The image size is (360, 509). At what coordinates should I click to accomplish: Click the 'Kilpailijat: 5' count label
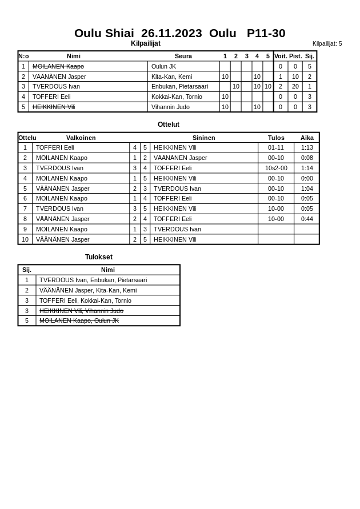coord(327,43)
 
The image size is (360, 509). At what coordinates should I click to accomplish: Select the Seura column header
coord(183,56)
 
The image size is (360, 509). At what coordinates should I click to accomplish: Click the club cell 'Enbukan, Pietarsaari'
coord(179,86)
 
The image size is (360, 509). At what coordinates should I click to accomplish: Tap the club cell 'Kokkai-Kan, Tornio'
coord(177,97)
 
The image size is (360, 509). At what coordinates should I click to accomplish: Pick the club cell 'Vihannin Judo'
coord(171,107)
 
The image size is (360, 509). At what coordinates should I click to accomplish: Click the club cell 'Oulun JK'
coord(163,66)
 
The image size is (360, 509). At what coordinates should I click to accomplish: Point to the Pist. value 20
coord(295,86)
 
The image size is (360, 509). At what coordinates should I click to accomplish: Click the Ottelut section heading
coord(169,125)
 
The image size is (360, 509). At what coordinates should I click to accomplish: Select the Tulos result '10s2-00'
coord(276,168)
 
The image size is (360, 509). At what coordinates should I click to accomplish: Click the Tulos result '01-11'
coord(276,147)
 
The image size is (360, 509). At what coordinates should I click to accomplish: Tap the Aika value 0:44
coord(307,219)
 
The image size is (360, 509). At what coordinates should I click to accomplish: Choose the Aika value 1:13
coord(307,147)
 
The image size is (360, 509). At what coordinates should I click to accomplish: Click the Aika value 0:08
coord(307,158)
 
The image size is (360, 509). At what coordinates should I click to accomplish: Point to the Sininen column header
coord(203,138)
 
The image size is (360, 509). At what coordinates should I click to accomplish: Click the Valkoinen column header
coord(81,138)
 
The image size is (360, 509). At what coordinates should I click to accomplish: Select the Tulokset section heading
coord(99,257)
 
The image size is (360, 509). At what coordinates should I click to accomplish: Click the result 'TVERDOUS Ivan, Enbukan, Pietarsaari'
coord(93,280)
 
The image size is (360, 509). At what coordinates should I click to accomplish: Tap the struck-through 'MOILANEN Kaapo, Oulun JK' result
coord(79,320)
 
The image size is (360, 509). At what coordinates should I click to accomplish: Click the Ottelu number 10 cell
coord(25,239)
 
